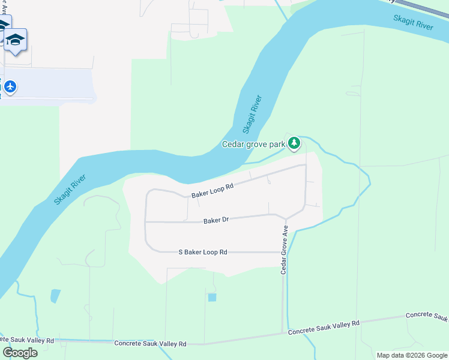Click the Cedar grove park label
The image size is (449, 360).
[254, 144]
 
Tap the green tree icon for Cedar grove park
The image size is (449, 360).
[294, 143]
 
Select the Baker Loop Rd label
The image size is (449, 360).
[212, 190]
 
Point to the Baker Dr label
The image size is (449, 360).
[216, 220]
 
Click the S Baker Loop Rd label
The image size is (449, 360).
[203, 252]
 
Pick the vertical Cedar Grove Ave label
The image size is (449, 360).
[286, 250]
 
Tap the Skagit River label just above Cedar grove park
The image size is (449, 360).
[253, 113]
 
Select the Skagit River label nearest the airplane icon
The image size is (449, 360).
[71, 189]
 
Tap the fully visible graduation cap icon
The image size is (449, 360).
[16, 40]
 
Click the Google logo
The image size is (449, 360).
[20, 353]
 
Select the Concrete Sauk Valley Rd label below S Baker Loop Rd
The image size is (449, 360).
[151, 343]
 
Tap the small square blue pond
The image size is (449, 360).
[212, 297]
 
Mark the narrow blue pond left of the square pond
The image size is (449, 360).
[56, 295]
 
